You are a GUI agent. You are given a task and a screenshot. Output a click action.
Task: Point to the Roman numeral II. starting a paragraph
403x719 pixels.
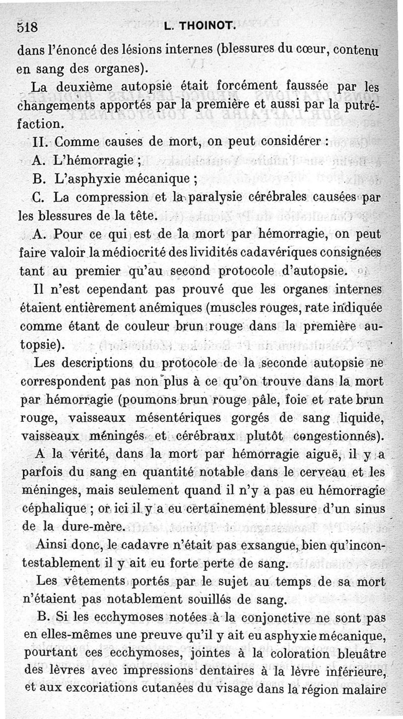(40, 142)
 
